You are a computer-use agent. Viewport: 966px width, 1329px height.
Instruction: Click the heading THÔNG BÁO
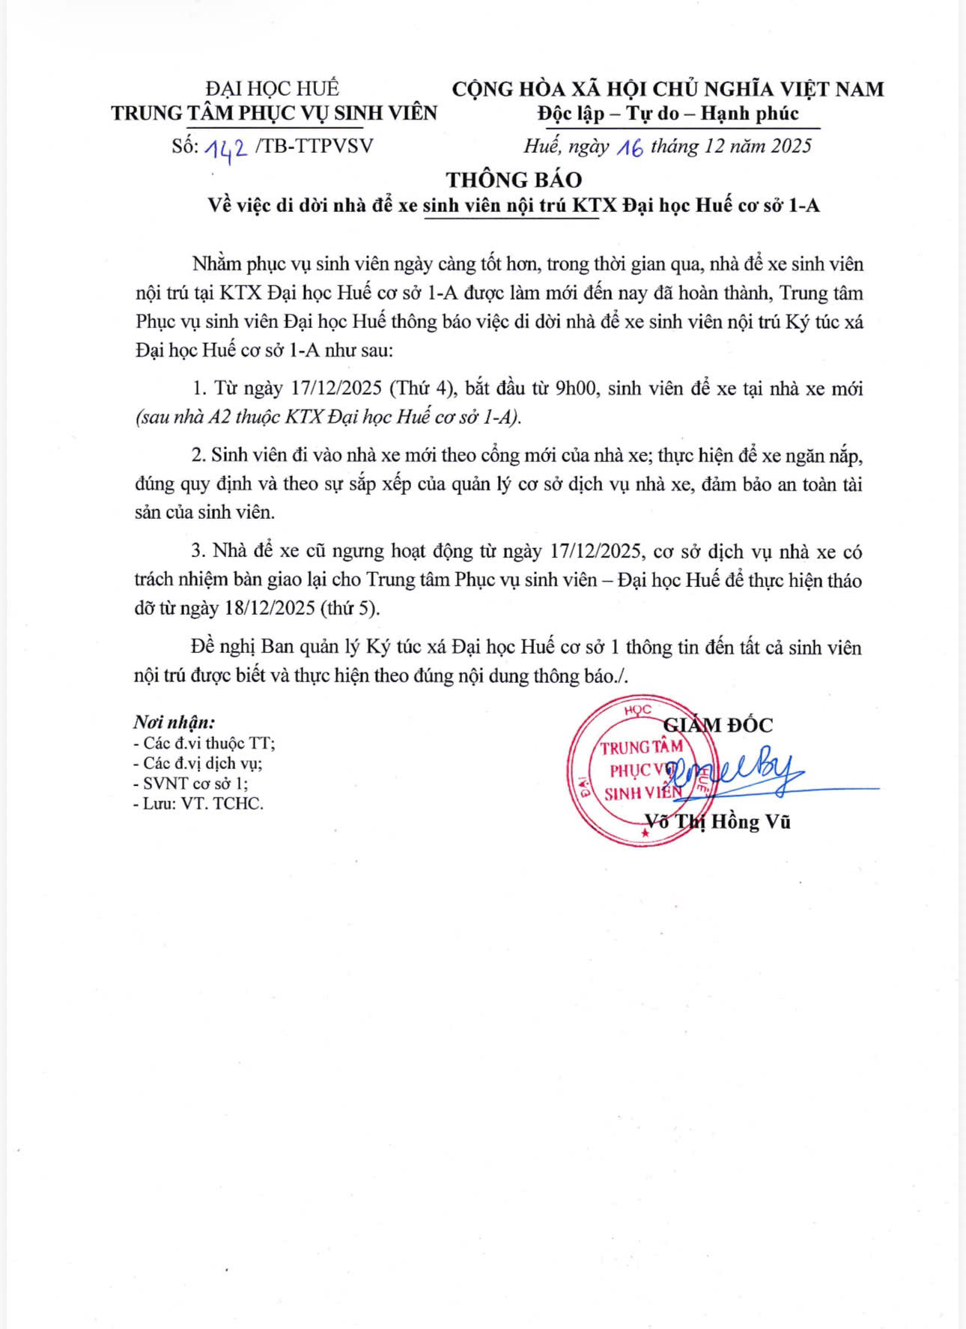click(x=514, y=180)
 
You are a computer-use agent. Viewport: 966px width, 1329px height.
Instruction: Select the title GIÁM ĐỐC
click(x=718, y=725)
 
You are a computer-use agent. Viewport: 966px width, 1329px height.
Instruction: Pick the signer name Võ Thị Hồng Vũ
click(x=717, y=821)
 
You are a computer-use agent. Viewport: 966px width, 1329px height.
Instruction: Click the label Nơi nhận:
click(x=174, y=723)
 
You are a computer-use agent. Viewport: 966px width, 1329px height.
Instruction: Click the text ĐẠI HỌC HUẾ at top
click(x=273, y=88)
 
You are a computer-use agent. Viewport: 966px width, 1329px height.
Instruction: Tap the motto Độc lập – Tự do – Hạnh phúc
click(x=668, y=114)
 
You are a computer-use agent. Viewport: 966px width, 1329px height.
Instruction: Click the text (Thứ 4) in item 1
click(x=422, y=389)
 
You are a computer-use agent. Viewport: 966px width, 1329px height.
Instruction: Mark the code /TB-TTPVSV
click(x=313, y=146)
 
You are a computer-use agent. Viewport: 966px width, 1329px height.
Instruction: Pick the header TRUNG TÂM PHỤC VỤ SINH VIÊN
click(x=274, y=113)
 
